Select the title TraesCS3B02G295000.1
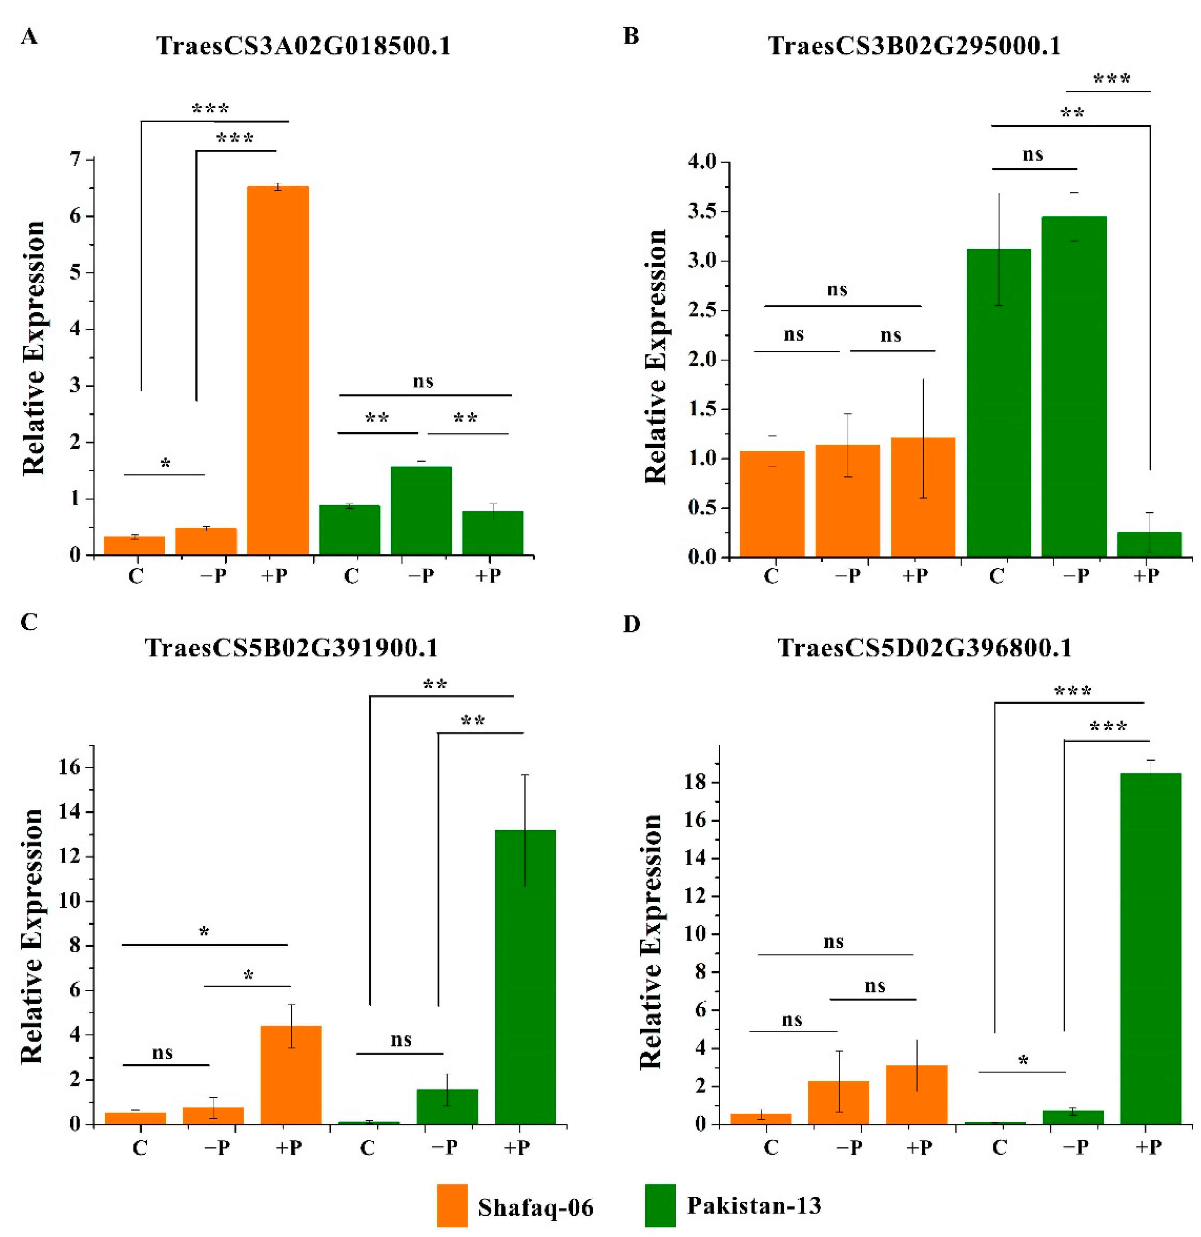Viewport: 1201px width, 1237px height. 914,46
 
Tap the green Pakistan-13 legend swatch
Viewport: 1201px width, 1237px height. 660,1205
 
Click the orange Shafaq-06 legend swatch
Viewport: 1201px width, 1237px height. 452,1205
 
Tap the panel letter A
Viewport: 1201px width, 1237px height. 29,37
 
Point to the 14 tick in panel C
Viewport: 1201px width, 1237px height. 70,812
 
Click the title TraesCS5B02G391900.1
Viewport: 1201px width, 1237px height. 292,647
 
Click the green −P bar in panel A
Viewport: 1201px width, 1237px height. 421,511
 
